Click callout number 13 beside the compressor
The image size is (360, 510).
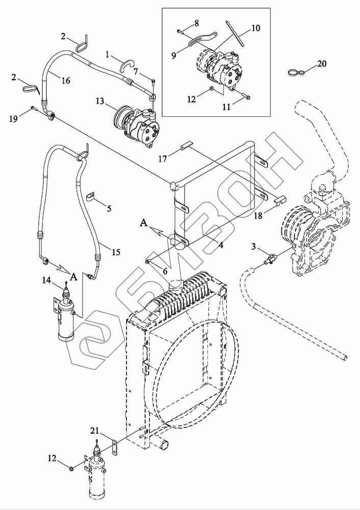pos(100,101)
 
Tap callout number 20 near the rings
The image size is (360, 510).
pos(322,64)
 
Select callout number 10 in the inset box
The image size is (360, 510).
pos(255,28)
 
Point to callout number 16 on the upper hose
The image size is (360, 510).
pos(66,81)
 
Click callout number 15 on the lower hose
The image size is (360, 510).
pos(116,252)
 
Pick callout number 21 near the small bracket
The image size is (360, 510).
pos(94,431)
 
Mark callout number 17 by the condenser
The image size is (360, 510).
pos(163,159)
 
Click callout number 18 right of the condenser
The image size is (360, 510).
pos(258,216)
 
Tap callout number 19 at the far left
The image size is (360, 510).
pos(13,119)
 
